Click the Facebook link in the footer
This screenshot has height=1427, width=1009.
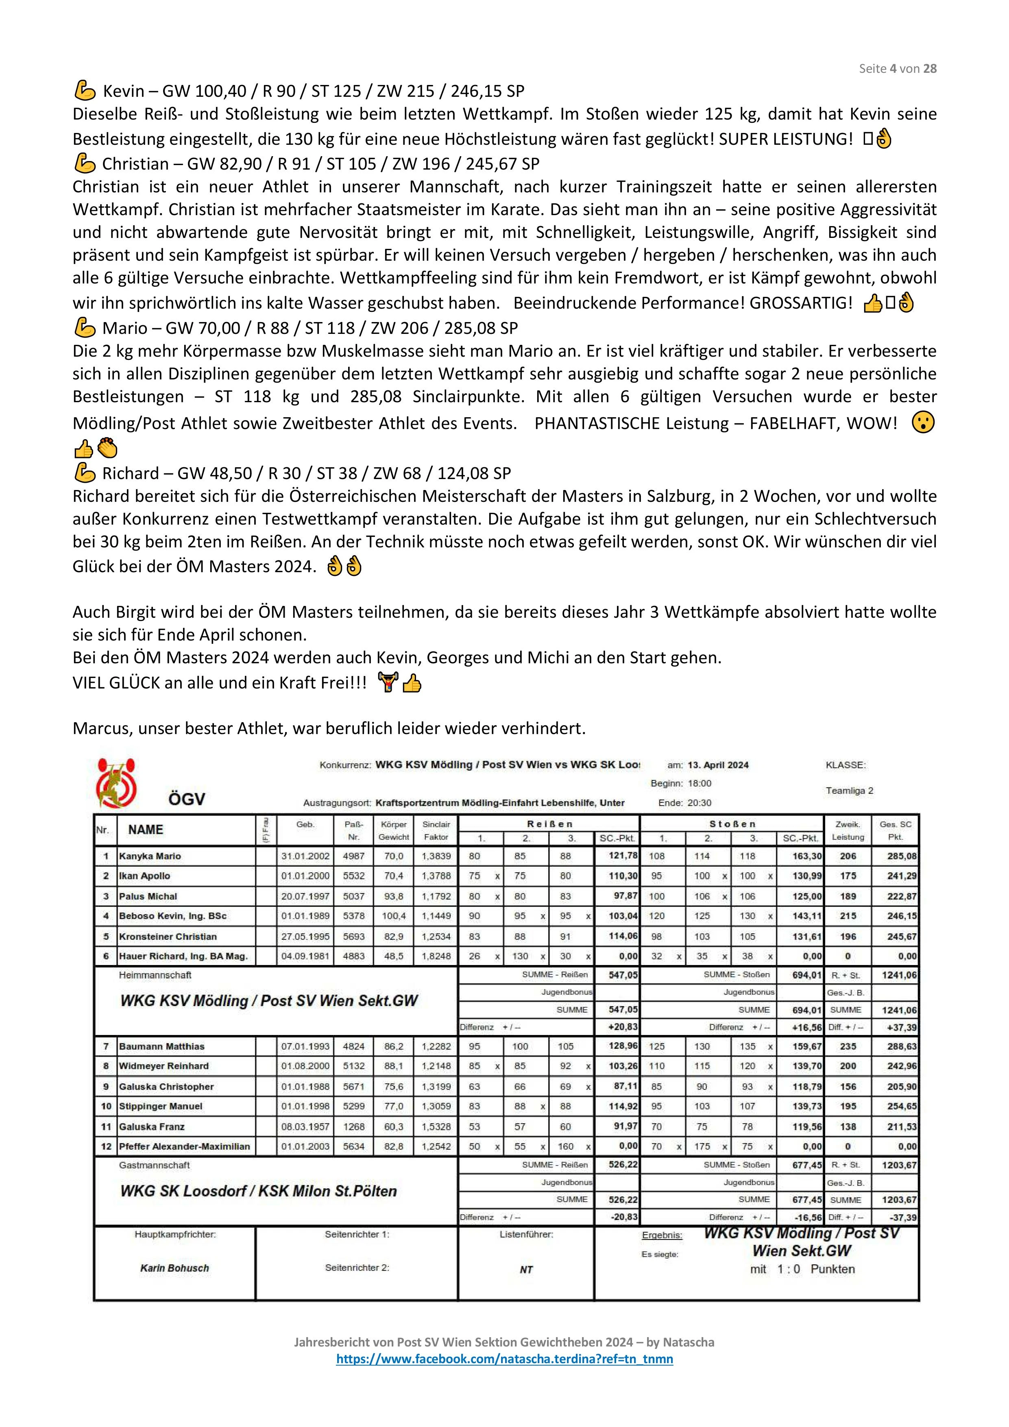coord(504,1359)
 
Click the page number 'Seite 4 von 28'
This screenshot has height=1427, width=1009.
coord(897,68)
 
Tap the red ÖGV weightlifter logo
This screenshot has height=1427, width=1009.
coord(116,782)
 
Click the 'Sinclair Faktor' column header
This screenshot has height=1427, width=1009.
coord(436,830)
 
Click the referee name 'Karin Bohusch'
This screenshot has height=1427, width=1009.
coord(175,1268)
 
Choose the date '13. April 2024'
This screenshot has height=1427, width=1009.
coord(718,765)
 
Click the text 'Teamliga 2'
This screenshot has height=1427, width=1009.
coord(849,791)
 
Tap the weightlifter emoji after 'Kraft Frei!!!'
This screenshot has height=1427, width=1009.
coord(388,683)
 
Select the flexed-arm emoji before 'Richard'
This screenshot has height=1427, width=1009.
coord(84,474)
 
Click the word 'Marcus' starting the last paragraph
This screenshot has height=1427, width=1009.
coord(100,728)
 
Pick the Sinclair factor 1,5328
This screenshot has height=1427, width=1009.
coord(436,1126)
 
